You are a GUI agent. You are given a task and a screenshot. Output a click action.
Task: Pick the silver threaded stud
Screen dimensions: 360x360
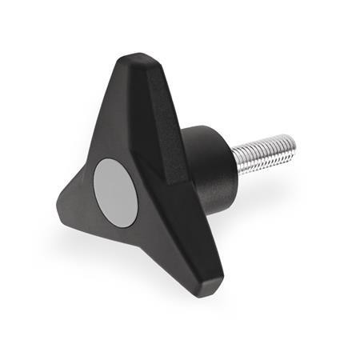tap(266, 155)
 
